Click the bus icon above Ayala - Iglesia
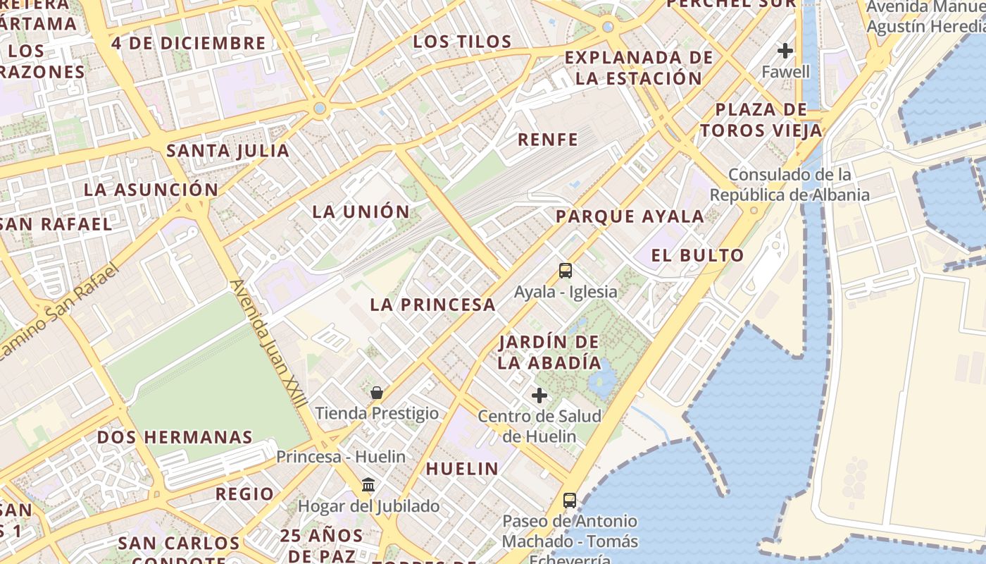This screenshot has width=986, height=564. (x=565, y=270)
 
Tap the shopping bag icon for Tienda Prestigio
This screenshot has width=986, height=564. (x=377, y=393)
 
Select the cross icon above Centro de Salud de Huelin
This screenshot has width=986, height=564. (x=539, y=396)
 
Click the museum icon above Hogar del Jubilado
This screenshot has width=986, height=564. (x=368, y=485)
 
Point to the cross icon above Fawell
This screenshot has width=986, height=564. (x=785, y=51)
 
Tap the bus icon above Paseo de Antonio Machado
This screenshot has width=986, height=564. (x=570, y=501)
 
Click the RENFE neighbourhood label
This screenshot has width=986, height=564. (x=548, y=140)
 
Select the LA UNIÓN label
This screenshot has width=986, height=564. (x=361, y=211)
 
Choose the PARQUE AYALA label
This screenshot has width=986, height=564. (x=630, y=216)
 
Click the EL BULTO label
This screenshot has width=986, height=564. (x=697, y=255)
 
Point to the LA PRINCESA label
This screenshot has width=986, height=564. (x=433, y=305)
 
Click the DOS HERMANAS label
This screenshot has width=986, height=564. (x=175, y=437)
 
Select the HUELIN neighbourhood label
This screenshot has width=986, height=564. (x=462, y=468)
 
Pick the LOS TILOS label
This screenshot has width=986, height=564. (x=462, y=42)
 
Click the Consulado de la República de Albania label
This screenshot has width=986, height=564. (x=790, y=185)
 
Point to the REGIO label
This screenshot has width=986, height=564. (x=244, y=493)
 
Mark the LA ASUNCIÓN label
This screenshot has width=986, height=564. (x=151, y=190)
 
